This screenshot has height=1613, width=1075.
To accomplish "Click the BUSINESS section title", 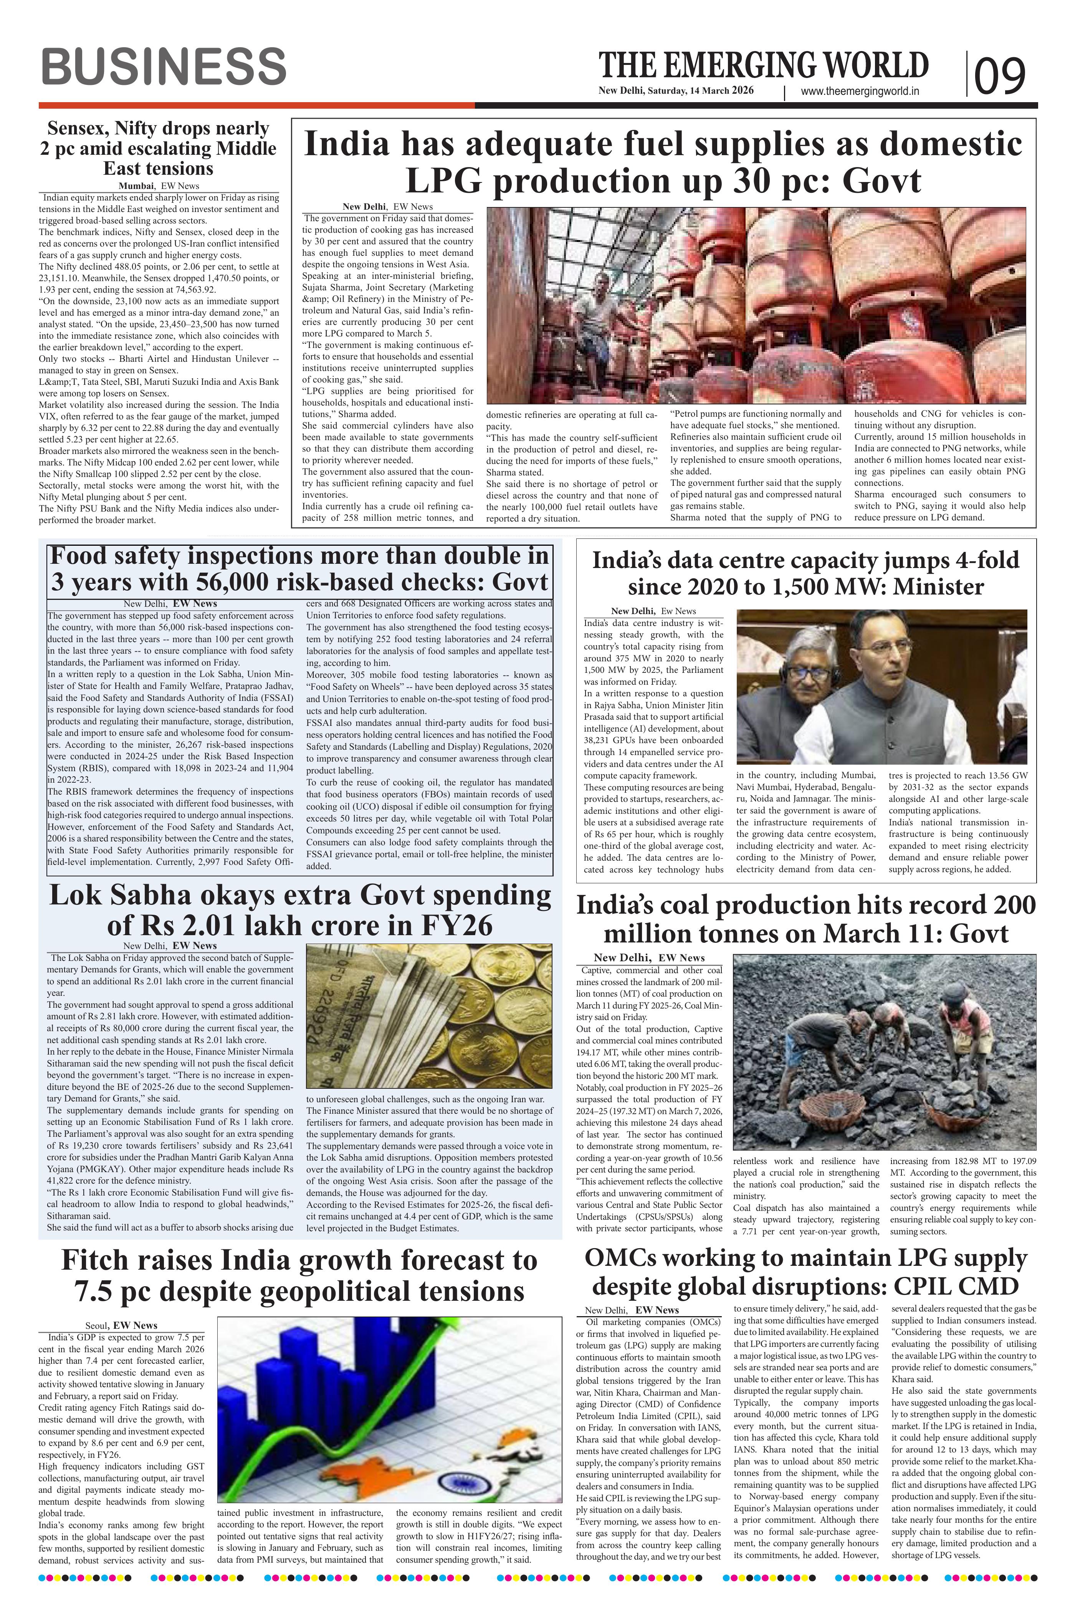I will click(x=163, y=67).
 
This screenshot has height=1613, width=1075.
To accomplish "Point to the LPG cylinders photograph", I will click(x=756, y=305).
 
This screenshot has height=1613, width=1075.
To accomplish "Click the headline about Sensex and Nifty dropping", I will click(x=158, y=148).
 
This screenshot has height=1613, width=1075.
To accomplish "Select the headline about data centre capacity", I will click(x=805, y=573).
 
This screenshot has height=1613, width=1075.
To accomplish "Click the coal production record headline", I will click(x=805, y=920).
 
